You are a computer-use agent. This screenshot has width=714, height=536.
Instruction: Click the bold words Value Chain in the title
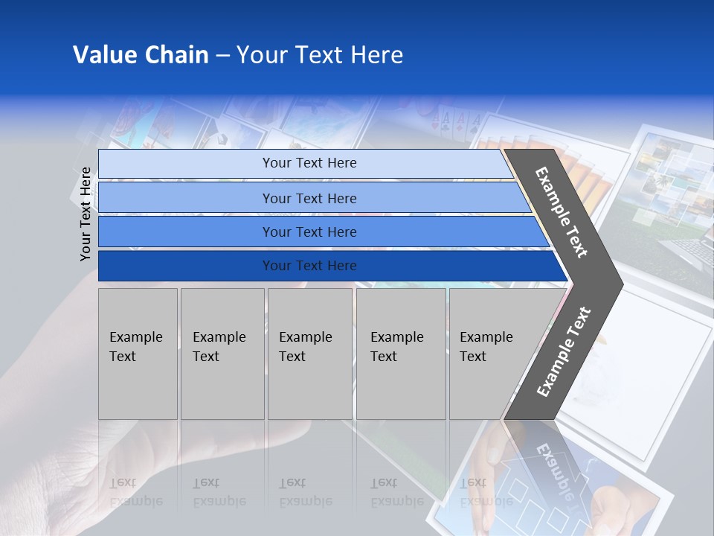click(141, 55)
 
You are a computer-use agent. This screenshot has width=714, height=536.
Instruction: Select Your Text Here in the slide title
click(320, 55)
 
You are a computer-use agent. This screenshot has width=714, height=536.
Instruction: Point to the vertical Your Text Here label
click(86, 214)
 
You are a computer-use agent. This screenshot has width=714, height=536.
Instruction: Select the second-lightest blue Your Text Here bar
click(309, 198)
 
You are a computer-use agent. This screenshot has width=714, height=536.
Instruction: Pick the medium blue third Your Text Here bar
click(309, 232)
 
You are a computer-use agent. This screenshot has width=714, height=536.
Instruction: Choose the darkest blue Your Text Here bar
click(309, 266)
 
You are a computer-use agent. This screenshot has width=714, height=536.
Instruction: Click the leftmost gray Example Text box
click(138, 354)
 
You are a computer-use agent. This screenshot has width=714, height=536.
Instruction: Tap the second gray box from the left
click(222, 354)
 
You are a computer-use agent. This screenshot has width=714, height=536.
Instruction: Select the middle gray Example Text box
click(309, 354)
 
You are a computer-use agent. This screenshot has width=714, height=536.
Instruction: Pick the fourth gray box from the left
click(400, 354)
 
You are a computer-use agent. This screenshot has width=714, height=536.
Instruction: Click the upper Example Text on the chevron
click(562, 212)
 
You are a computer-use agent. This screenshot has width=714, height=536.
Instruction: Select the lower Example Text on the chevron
click(564, 351)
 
